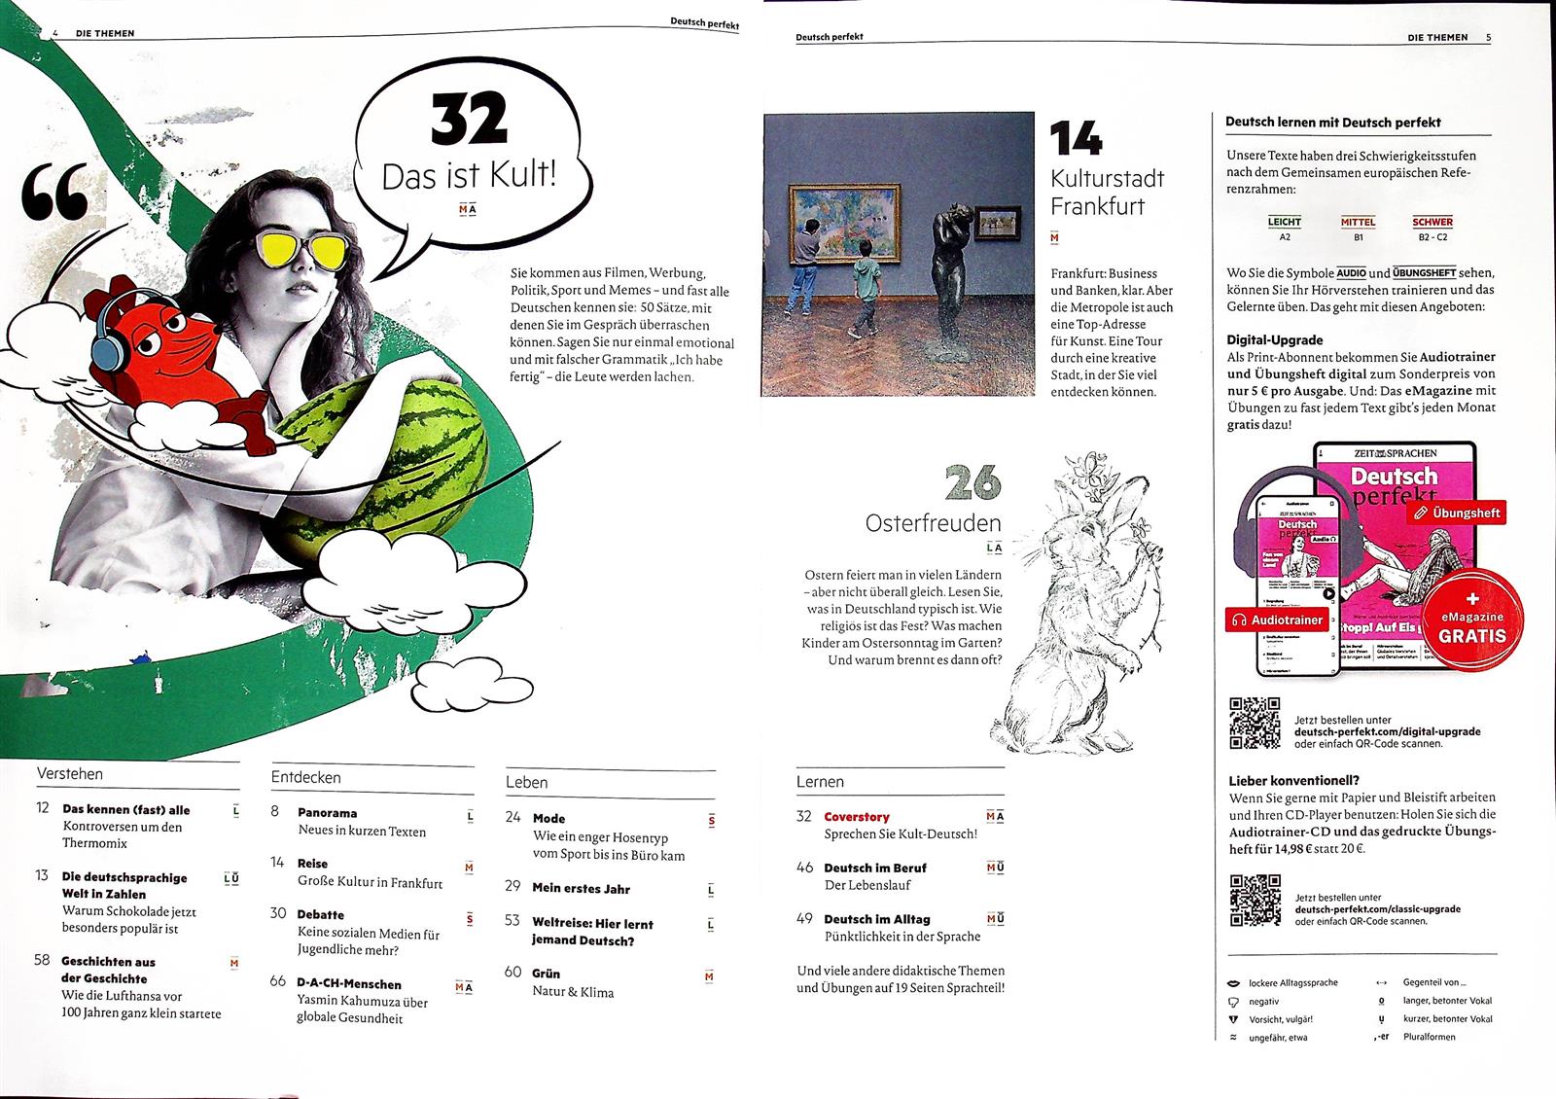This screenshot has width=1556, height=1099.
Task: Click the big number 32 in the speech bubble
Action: point(469,120)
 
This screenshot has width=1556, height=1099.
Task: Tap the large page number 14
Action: point(1077,139)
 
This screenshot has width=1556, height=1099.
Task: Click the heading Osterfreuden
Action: point(933,523)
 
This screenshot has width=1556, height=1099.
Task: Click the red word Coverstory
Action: point(856,817)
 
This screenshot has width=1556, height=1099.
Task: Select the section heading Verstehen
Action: point(69,774)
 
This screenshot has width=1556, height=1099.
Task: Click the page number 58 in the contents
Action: point(42,960)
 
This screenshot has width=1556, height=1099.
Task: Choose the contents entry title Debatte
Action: point(320,914)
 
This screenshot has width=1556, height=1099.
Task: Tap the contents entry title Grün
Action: point(546,973)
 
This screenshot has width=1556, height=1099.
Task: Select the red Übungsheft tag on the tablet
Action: point(1459,513)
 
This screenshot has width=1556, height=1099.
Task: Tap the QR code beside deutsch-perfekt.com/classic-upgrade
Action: point(1255,901)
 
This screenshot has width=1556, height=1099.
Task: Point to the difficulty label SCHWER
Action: point(1432,222)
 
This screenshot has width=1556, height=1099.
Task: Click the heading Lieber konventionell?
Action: point(1293,780)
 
